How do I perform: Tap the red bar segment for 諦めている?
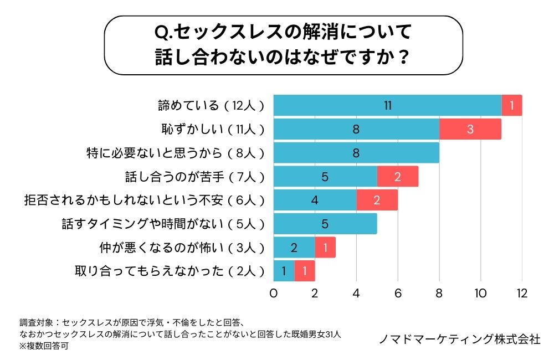[512, 105]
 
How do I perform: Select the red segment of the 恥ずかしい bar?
[470, 129]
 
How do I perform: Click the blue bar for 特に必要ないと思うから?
[356, 153]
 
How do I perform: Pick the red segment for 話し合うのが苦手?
[398, 177]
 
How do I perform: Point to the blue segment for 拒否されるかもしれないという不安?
[315, 200]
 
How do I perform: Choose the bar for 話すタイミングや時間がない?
[325, 224]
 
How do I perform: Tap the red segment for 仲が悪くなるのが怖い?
[325, 248]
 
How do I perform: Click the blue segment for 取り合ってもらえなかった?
[284, 271]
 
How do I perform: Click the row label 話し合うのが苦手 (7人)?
[196, 177]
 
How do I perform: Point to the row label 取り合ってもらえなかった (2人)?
[170, 271]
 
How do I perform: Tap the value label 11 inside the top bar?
[388, 105]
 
